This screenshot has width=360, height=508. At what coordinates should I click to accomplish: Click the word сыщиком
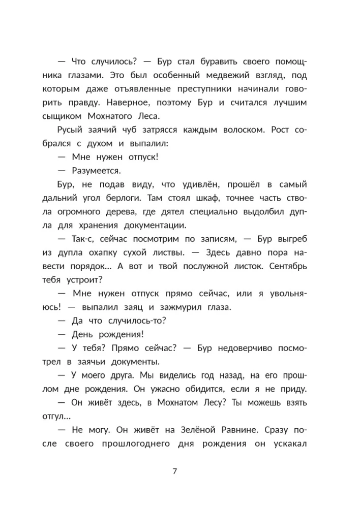tap(73, 116)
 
